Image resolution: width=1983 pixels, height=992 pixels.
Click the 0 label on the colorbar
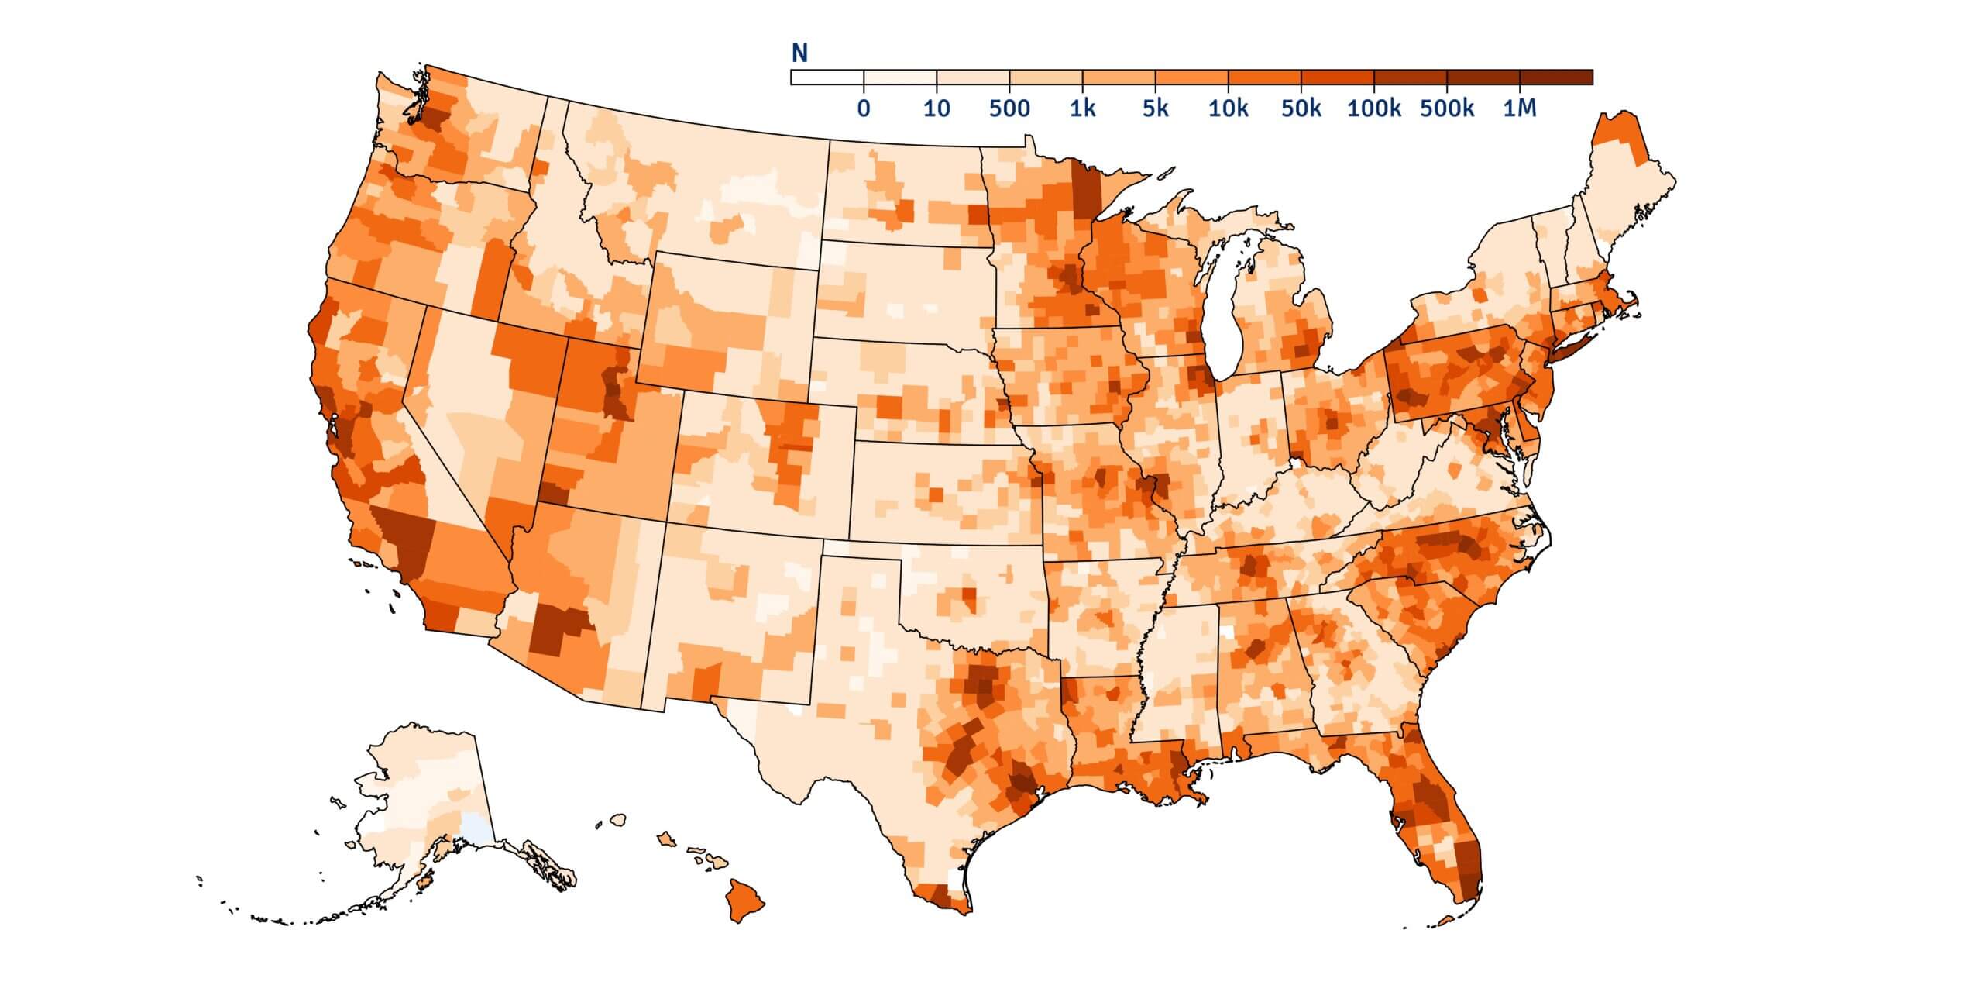pos(863,108)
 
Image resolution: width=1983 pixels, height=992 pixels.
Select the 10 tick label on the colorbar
pos(937,108)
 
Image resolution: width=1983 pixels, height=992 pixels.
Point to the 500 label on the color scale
pos(1009,108)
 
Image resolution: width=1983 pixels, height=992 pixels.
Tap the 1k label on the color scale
pos(1082,108)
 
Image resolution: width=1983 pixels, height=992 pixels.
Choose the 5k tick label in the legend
pos(1155,108)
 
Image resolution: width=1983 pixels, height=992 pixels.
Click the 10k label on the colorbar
pos(1228,108)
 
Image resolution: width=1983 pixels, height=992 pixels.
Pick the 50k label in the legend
pos(1301,108)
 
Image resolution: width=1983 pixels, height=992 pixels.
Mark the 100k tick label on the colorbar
pos(1373,108)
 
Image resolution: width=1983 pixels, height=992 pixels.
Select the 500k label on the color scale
pos(1446,108)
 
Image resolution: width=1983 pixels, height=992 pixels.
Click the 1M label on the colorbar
pos(1519,108)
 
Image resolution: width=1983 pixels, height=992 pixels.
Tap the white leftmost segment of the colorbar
pos(827,77)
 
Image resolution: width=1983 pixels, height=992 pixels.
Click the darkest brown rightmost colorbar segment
pos(1555,77)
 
